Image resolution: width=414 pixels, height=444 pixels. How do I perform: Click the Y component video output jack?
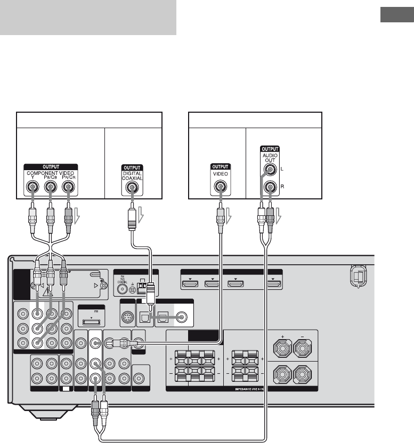point(33,187)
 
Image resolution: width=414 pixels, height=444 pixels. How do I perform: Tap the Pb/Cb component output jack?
point(50,187)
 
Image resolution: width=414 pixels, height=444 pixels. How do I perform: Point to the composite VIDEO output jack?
point(218,187)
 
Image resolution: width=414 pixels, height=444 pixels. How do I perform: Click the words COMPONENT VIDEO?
point(51,172)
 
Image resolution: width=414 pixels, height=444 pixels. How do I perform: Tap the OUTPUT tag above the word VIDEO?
point(218,166)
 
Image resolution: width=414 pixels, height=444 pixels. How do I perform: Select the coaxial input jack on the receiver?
point(182,317)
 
